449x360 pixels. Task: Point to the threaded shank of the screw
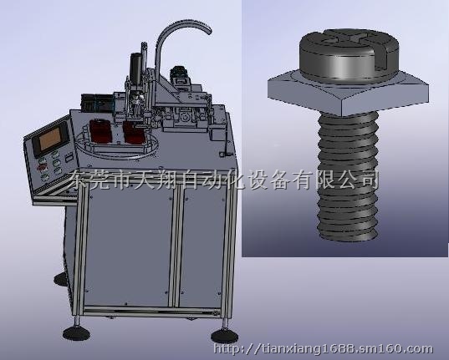tap(348, 175)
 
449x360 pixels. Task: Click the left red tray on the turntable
tap(100, 131)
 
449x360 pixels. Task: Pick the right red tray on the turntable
tap(134, 133)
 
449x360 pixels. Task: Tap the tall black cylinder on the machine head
tap(135, 68)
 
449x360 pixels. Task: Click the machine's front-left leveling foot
tap(76, 333)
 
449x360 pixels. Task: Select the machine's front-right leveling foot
tap(224, 336)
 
